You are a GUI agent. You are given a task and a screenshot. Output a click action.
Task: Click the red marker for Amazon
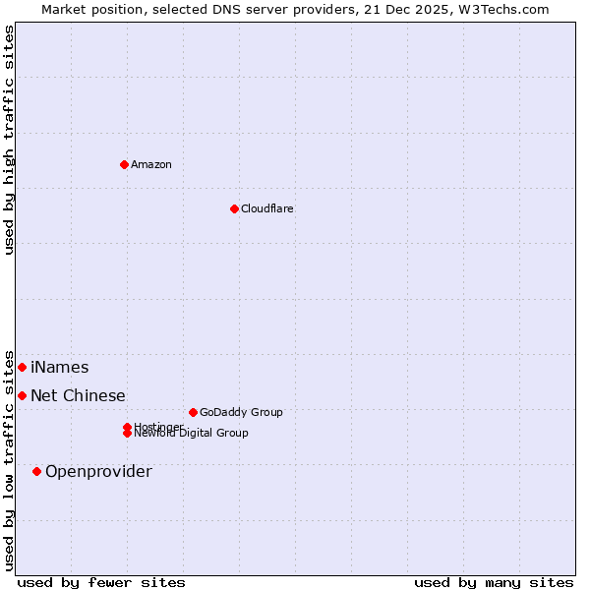[x=124, y=164]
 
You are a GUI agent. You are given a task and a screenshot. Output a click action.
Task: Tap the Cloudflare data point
[x=234, y=208]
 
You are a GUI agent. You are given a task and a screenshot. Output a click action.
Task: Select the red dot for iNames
[x=22, y=367]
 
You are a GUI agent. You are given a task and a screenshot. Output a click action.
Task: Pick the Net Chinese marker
[x=22, y=395]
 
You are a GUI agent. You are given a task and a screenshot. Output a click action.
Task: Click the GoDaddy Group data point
[x=193, y=412]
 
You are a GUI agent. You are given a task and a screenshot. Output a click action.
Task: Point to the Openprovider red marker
[x=36, y=471]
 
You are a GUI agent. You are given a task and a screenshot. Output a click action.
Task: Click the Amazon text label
[x=150, y=164]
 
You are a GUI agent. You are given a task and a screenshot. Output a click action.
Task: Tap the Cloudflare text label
[x=266, y=208]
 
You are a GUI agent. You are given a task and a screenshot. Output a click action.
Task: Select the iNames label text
[x=59, y=367]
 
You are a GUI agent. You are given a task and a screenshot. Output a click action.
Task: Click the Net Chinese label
[x=78, y=395]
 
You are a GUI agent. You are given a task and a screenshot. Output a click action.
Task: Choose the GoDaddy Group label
[x=240, y=412]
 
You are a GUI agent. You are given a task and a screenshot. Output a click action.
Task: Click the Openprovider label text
[x=98, y=471]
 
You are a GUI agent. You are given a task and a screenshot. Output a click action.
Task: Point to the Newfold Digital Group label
[x=191, y=434]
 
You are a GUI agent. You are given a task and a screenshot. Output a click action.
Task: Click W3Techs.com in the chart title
[x=507, y=9]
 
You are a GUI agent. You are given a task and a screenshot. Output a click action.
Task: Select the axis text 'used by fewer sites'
[x=101, y=582]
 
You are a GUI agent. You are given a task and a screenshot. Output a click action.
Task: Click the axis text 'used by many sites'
[x=494, y=582]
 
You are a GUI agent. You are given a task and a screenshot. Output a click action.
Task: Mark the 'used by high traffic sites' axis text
[x=9, y=140]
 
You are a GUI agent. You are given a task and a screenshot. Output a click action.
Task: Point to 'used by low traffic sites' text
[x=9, y=459]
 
